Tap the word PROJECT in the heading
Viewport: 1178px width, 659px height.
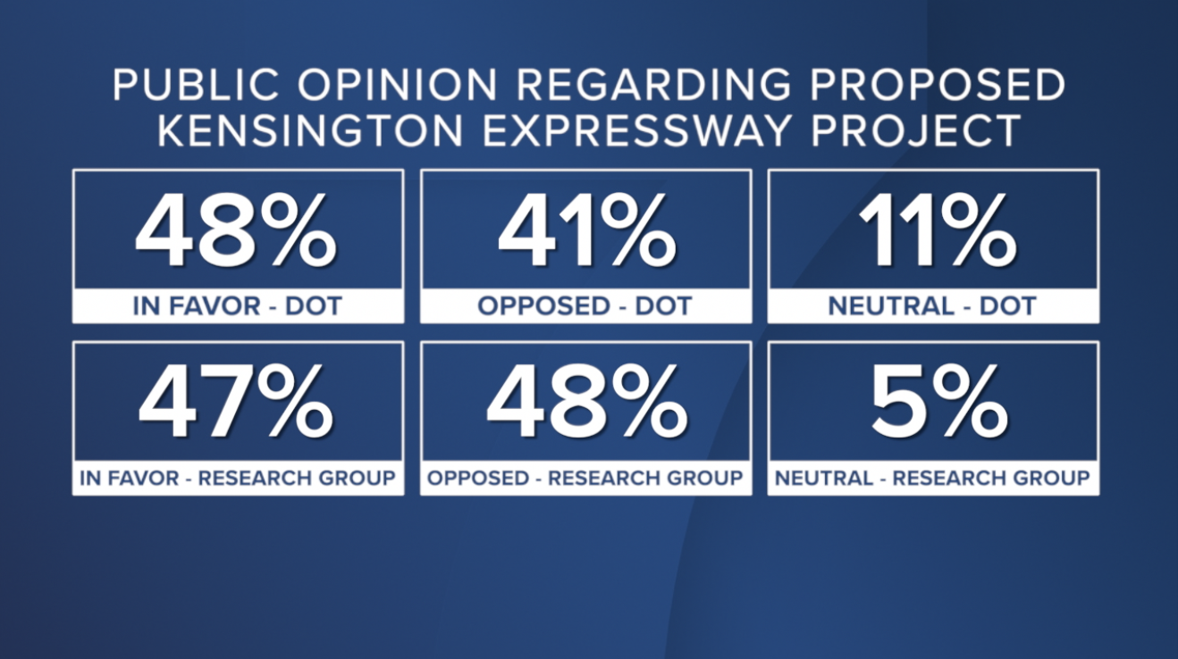pos(914,130)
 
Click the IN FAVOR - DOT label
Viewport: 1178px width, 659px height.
pos(237,306)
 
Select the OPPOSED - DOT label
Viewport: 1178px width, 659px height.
pos(585,306)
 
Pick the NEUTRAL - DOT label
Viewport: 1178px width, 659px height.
pos(932,306)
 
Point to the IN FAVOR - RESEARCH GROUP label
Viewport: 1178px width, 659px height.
pos(237,478)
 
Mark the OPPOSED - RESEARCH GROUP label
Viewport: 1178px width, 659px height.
pos(585,478)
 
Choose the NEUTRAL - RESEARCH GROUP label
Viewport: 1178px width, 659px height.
pos(932,478)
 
